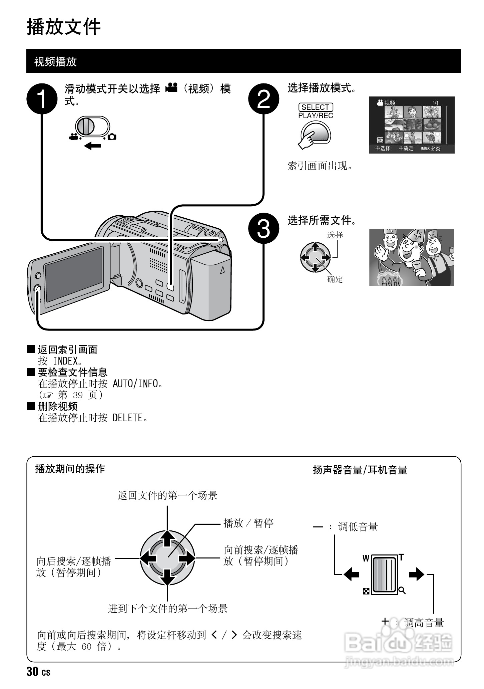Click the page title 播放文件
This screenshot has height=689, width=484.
[x=63, y=27]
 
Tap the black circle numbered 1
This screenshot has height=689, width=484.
[x=42, y=99]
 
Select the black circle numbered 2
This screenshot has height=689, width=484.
[x=264, y=99]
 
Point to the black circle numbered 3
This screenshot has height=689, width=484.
[x=264, y=230]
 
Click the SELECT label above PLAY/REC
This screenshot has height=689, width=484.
[x=316, y=107]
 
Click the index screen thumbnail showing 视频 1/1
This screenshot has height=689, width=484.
[x=412, y=125]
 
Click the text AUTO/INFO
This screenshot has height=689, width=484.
[x=135, y=384]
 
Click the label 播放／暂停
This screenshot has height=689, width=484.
[x=249, y=523]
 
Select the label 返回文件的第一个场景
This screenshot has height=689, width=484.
[x=167, y=495]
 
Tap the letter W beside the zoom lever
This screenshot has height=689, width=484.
[x=366, y=558]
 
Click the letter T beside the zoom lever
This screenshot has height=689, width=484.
[x=401, y=557]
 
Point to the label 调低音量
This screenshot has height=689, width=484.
[x=358, y=527]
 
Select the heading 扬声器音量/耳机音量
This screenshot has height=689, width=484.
[x=360, y=470]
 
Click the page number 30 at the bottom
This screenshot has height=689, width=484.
[x=33, y=672]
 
